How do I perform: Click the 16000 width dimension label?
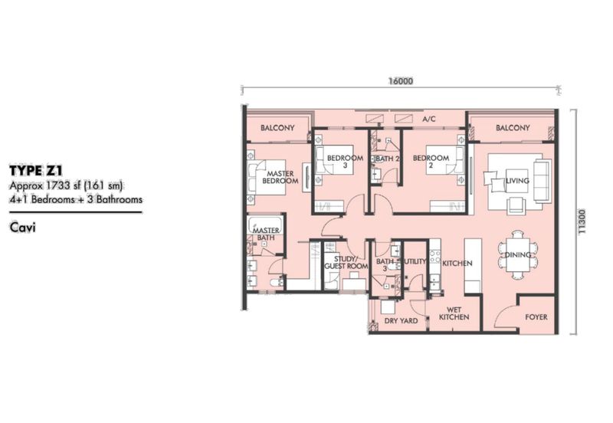coord(401,81)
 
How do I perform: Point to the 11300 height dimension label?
coord(582,221)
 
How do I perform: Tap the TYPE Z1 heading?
coord(36,170)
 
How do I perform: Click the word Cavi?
coord(23,228)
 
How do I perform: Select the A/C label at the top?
coord(429,119)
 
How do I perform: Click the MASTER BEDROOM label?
coord(280,177)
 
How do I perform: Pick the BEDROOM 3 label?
coord(346,162)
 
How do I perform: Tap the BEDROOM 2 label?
coord(431,162)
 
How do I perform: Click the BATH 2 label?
coord(388,159)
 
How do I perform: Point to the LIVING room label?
coord(517,181)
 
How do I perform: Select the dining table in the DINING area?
coord(518,255)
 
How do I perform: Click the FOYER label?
coord(536,317)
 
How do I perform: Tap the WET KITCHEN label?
coord(454,313)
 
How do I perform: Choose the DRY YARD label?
coord(401,320)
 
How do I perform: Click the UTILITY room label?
coord(415,261)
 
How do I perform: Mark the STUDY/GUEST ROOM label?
coord(346,263)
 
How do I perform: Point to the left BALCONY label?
coord(277,128)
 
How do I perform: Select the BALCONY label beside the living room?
coord(513,128)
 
